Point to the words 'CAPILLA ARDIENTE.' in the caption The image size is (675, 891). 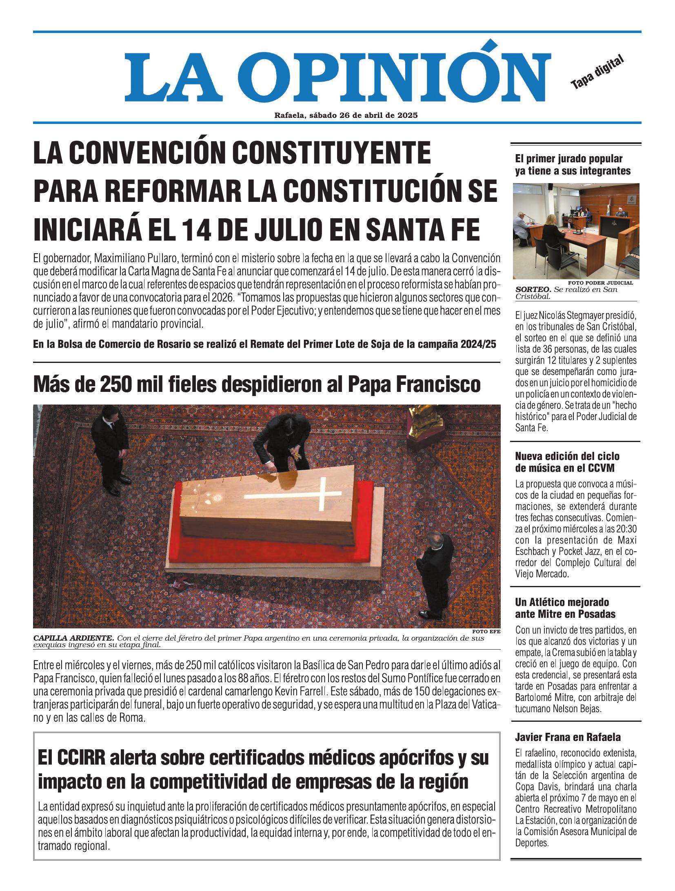click(x=73, y=638)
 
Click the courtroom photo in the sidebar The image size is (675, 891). click(x=575, y=231)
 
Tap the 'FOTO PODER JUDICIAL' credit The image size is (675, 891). click(x=600, y=283)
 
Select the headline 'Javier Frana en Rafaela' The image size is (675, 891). click(x=568, y=737)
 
